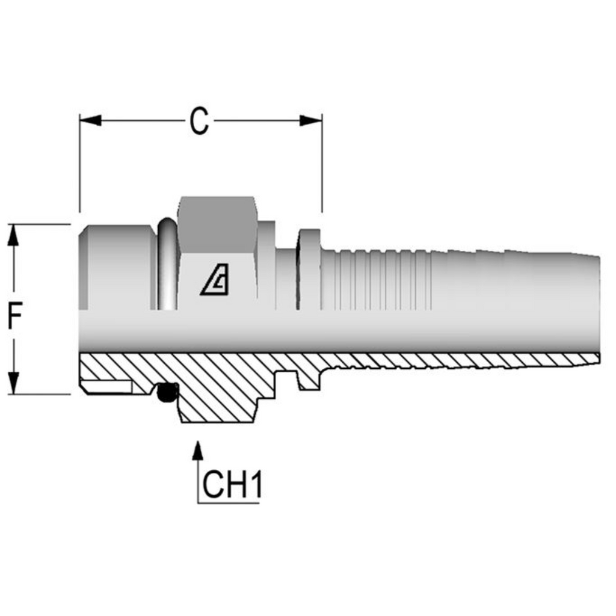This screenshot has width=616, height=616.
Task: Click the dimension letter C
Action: (199, 122)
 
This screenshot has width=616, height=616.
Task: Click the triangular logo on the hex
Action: (215, 282)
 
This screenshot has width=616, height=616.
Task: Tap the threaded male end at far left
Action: (114, 268)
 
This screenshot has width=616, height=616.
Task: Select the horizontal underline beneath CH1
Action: (229, 502)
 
